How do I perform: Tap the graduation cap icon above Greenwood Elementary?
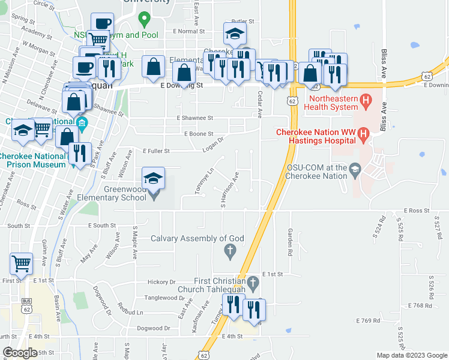[x=153, y=178]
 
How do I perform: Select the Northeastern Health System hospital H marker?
[x=364, y=99]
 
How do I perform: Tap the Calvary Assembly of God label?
[x=197, y=238]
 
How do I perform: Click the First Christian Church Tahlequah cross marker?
[x=253, y=281]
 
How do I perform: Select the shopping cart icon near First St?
[x=21, y=263]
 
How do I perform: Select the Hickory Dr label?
[x=161, y=281]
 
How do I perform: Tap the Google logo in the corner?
[x=20, y=352]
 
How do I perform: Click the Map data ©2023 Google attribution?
[x=412, y=355]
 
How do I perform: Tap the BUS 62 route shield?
[x=25, y=306]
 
